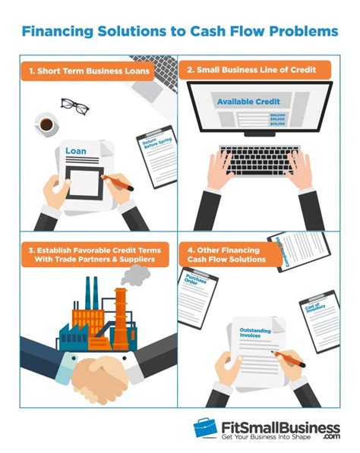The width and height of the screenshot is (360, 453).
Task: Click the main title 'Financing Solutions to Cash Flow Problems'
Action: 180,33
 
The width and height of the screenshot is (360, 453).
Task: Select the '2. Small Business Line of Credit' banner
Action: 258,70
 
